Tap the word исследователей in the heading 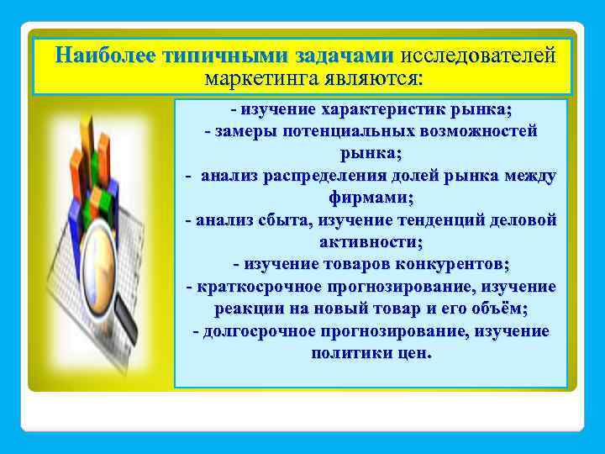point(478,56)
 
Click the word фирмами point(371,198)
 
